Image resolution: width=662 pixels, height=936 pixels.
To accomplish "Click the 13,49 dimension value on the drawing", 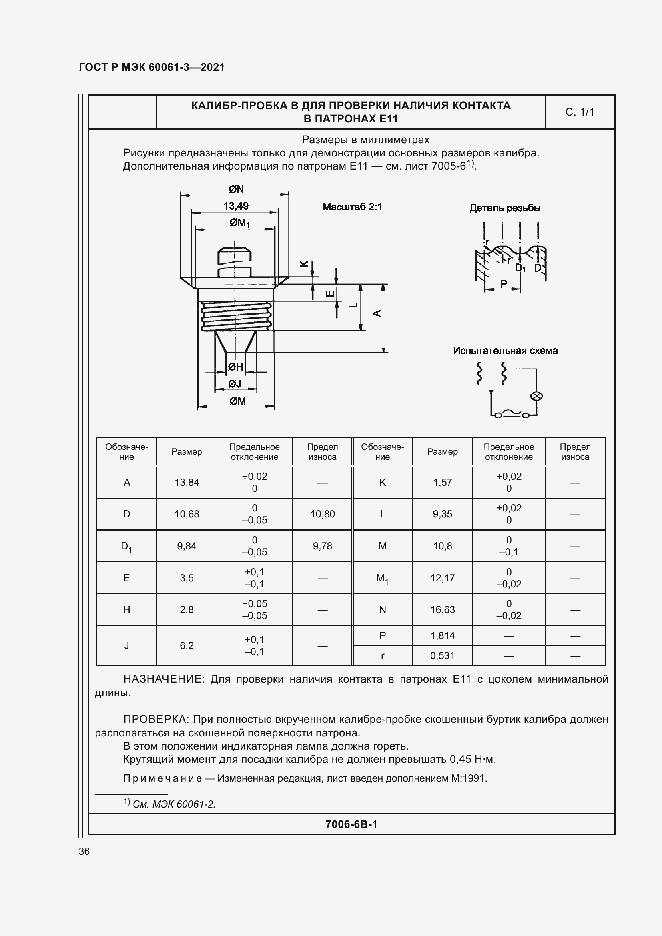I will pyautogui.click(x=236, y=206).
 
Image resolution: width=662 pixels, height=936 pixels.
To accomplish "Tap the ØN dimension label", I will pyautogui.click(x=236, y=189).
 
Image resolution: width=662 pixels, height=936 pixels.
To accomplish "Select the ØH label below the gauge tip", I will pyautogui.click(x=235, y=367).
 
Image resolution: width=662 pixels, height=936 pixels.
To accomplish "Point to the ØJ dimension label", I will pyautogui.click(x=235, y=384).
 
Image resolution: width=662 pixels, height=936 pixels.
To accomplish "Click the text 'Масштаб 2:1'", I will pyautogui.click(x=352, y=207).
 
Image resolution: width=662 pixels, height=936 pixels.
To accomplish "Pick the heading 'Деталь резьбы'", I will pyautogui.click(x=505, y=208).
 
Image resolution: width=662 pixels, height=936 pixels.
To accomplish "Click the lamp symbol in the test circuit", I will pyautogui.click(x=536, y=396).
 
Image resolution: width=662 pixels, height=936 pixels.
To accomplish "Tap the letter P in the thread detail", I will pyautogui.click(x=504, y=284).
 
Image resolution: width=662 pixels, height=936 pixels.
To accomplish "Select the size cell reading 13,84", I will pyautogui.click(x=187, y=483).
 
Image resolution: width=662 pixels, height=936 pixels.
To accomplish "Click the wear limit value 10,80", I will pyautogui.click(x=323, y=514).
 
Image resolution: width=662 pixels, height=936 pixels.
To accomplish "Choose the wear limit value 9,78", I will pyautogui.click(x=323, y=546).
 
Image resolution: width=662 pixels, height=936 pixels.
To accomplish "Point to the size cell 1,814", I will pyautogui.click(x=442, y=635).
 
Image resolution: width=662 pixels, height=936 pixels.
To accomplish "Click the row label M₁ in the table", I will pyautogui.click(x=382, y=578).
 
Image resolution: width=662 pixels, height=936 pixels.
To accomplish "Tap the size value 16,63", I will pyautogui.click(x=442, y=610).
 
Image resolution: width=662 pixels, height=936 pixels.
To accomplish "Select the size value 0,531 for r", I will pyautogui.click(x=442, y=655).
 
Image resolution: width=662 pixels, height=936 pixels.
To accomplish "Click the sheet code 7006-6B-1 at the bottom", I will pyautogui.click(x=351, y=824).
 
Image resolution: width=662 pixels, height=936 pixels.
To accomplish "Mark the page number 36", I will pyautogui.click(x=84, y=852).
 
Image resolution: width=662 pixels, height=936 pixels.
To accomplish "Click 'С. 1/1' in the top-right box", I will pyautogui.click(x=579, y=112).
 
